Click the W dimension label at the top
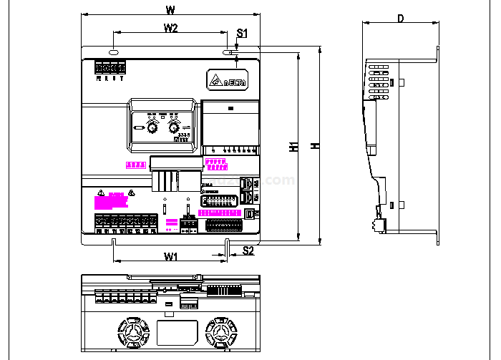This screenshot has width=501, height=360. point(170,10)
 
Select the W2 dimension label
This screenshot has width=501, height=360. point(170,28)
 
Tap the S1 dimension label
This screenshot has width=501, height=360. point(242,34)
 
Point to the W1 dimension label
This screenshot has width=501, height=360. point(170,256)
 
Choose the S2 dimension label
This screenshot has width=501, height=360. point(248,250)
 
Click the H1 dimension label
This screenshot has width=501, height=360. point(293,147)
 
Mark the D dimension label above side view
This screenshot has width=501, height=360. point(400,19)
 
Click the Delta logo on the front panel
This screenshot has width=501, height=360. point(228,80)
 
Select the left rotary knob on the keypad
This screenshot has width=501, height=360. point(152,128)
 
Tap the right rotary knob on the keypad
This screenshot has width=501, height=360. point(174,128)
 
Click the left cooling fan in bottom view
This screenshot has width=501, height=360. point(134,333)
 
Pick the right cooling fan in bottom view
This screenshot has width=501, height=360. point(220,333)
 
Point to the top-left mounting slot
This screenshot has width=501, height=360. point(114,52)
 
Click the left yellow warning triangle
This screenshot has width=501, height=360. point(102,193)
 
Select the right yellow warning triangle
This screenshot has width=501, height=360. point(132,193)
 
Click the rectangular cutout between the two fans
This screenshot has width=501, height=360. point(177,332)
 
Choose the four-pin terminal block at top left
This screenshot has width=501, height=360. point(110,68)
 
